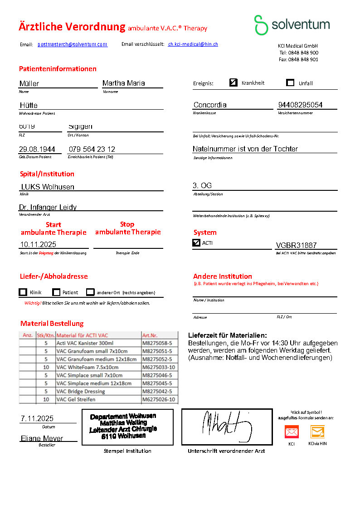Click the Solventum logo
pos(292,24)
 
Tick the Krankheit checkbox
pos(234,82)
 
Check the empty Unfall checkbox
pos(290,82)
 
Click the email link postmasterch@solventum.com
pos(73,44)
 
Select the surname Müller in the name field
pos(29,83)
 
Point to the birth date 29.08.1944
pos(37,149)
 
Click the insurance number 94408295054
pos(300,105)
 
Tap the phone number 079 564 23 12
pos(92,149)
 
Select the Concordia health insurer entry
pos(210,105)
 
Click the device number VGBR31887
pos(296,245)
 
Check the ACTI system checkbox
pos(196,242)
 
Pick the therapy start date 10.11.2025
pos(38,244)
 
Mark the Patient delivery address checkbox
pos(56,292)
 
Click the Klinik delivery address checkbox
pos(23,292)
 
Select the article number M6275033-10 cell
pos(159,367)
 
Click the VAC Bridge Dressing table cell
pos(80,392)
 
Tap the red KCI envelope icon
pos(292,431)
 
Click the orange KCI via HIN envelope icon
pos(317,431)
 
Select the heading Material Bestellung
pos(52,323)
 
